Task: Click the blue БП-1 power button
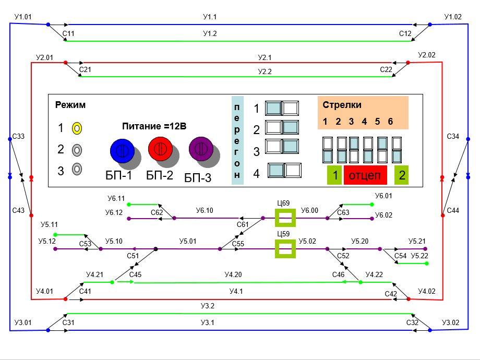122,150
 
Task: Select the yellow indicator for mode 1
77,128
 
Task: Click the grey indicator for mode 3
77,169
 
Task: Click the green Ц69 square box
285,218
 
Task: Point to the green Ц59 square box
285,249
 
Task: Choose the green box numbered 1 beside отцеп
334,175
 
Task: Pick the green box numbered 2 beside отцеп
401,175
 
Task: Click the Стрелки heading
342,104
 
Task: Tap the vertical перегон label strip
237,141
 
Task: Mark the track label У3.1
208,323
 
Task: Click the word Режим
70,105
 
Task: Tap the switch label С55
238,244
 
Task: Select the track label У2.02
427,55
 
